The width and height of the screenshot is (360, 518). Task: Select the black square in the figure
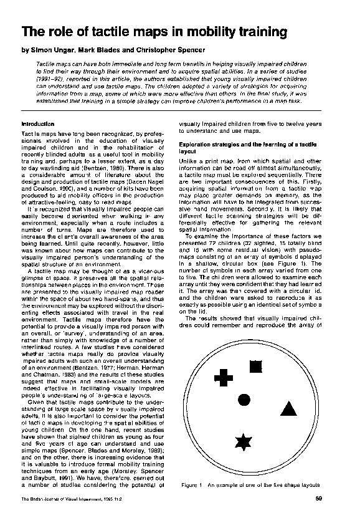coord(255,366)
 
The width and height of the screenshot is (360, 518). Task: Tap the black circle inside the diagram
coord(245,400)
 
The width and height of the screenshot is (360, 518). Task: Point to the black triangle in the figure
coord(287,409)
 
